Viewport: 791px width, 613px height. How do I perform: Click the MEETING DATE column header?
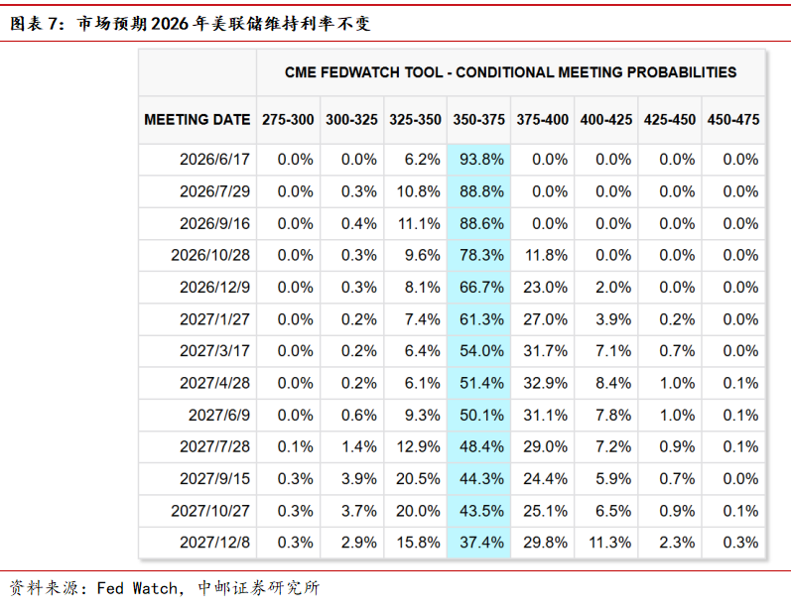(198, 119)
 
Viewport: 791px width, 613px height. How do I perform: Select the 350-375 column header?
(478, 119)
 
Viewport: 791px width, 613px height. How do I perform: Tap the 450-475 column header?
(733, 119)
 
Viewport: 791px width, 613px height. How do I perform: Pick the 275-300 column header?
(288, 119)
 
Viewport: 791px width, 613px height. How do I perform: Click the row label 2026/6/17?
(214, 160)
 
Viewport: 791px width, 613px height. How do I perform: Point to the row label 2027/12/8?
(214, 543)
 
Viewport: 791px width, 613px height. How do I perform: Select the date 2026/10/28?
(210, 255)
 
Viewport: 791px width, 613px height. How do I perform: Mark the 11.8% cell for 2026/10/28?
(546, 255)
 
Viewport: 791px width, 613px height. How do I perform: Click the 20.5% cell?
(418, 478)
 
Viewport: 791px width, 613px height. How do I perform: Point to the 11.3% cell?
(609, 543)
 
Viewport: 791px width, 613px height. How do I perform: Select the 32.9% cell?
(545, 383)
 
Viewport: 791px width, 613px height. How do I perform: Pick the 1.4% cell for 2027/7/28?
(359, 446)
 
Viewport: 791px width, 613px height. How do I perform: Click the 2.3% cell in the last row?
(677, 543)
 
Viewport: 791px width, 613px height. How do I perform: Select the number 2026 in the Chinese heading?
(170, 24)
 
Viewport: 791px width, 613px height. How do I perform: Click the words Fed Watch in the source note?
(137, 588)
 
